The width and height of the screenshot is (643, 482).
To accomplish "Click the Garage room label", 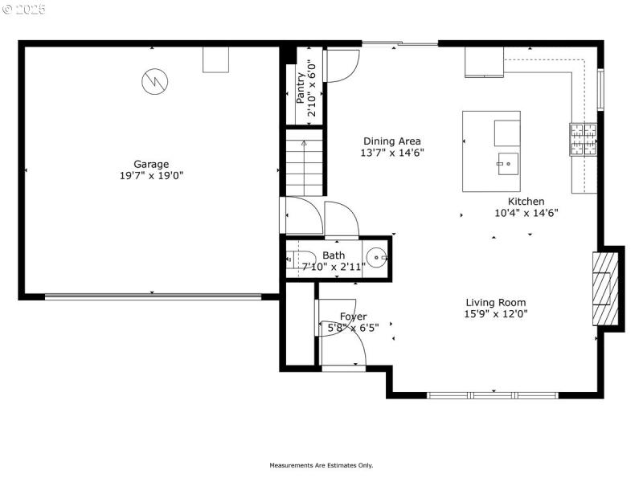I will coord(151,164).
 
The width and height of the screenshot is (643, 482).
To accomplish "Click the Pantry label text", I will coord(301,88).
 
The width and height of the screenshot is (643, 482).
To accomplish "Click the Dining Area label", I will coord(391,141).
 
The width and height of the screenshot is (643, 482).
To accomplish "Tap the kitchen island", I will coord(491,151).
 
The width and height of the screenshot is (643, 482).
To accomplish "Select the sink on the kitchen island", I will coord(506,163).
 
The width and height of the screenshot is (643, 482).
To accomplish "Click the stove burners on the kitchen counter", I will coord(584,139).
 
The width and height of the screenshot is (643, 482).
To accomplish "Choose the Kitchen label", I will coord(526,202).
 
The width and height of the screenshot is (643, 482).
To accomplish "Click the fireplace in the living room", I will coord(605,288).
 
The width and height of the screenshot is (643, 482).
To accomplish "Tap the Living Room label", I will coord(496,303).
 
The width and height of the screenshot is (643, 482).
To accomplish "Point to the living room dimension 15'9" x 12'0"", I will coord(496,314).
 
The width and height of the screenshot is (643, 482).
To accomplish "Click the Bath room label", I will coord(334,255).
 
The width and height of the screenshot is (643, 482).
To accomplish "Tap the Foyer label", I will coord(353,317).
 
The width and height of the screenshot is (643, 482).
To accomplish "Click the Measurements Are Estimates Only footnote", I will coord(321,465).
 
